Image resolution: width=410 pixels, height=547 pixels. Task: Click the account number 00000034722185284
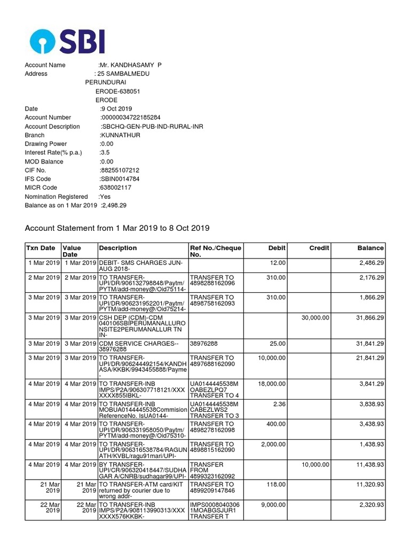pos(131,117)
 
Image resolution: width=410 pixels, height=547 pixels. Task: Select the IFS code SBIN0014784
pos(120,179)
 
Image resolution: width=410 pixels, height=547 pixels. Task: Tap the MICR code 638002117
pos(115,188)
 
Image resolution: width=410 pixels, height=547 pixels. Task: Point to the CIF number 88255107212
pos(120,170)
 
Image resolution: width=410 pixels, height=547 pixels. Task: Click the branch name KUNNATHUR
pos(120,135)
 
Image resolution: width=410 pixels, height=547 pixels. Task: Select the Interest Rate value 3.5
pos(105,153)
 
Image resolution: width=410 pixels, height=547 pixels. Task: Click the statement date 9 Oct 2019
pos(116,108)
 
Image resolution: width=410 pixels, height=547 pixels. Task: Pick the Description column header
pos(117,248)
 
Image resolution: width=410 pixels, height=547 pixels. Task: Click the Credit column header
pos(319,248)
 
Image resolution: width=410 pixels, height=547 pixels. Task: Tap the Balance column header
pos(370,248)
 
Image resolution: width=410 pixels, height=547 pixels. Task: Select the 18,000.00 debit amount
pos(272,384)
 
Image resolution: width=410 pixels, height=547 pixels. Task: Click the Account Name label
pos(45,65)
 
